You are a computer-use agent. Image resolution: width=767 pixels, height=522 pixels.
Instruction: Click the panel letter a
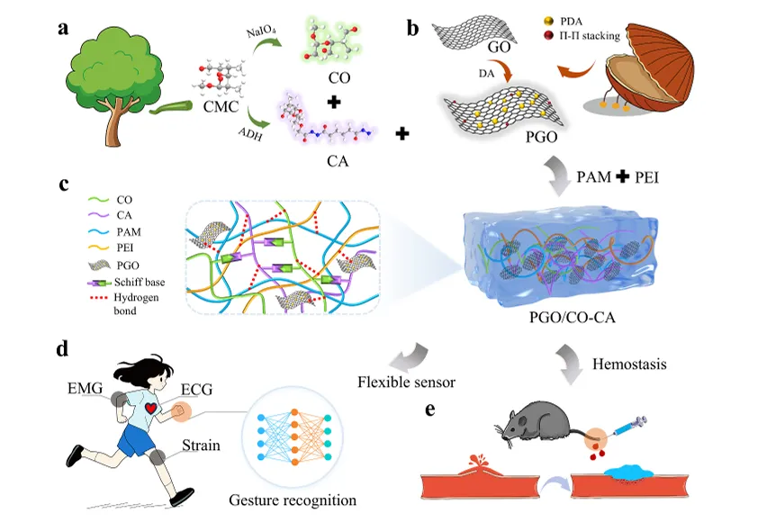[x=63, y=29]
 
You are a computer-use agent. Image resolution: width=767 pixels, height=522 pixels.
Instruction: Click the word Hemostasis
[x=626, y=363]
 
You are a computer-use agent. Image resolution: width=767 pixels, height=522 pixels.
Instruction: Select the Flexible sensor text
[x=406, y=382]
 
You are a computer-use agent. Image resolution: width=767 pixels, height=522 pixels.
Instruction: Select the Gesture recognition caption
[x=293, y=499]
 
